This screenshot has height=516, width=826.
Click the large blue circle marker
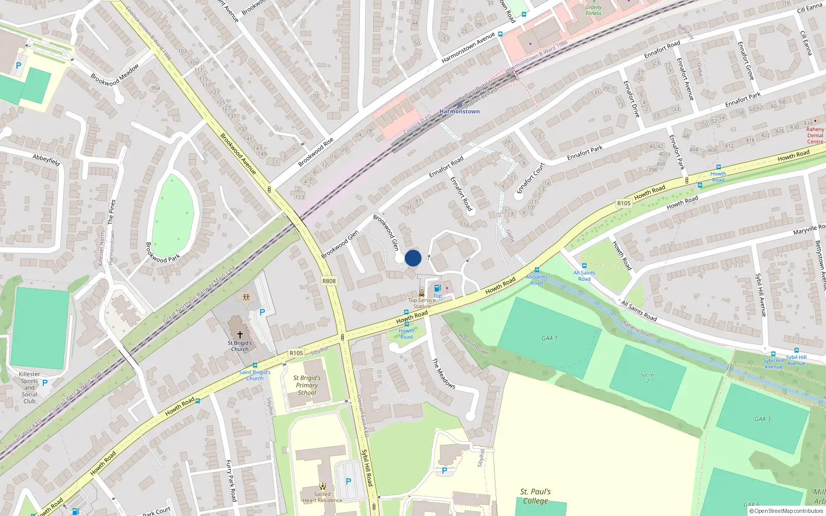(413, 258)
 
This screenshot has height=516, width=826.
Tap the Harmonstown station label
(459, 111)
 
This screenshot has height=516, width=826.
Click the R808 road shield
(329, 281)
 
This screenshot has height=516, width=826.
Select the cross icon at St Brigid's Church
(240, 335)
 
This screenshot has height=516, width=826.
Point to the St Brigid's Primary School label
(307, 385)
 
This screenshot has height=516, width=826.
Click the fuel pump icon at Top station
(437, 288)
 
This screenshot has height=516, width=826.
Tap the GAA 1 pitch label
(549, 338)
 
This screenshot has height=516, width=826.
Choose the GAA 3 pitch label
(763, 419)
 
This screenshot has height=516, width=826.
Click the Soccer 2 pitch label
(648, 378)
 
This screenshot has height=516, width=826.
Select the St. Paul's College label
(535, 496)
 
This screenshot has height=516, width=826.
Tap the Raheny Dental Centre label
(815, 136)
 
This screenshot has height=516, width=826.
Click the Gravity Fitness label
(594, 10)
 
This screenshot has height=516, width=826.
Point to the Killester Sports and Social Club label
(29, 388)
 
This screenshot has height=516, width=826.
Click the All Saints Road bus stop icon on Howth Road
(537, 270)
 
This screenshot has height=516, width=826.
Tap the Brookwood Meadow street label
(115, 75)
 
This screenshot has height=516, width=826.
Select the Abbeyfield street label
(46, 160)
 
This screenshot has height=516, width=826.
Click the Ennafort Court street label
(531, 179)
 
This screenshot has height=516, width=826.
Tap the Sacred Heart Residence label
(322, 497)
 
